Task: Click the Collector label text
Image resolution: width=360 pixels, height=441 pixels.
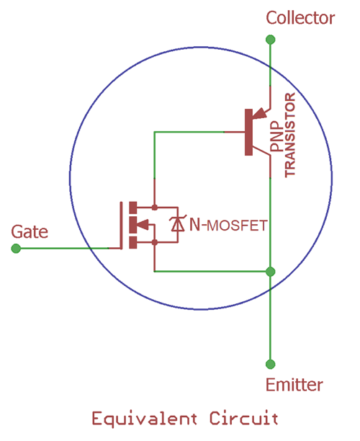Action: (300, 18)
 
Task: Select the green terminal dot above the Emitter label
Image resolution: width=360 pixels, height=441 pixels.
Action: (270, 364)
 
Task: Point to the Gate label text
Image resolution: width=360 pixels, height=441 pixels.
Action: (30, 231)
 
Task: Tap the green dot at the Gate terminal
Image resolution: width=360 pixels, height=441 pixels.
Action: (16, 248)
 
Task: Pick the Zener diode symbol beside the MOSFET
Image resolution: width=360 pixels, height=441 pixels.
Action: (176, 225)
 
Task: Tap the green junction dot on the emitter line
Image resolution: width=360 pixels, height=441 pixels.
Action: (270, 271)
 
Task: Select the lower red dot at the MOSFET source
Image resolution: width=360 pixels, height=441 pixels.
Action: (155, 243)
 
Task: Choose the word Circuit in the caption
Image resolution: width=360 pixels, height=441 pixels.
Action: (243, 419)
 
